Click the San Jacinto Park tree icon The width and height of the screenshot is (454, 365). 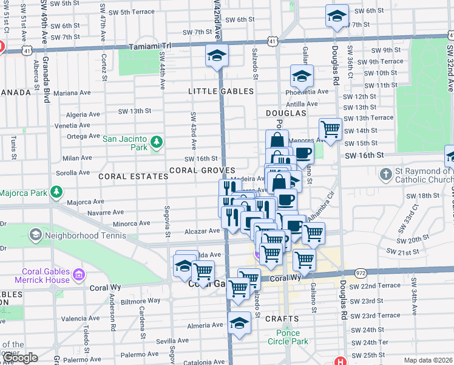[157, 142]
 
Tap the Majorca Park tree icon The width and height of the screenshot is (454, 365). [56, 193]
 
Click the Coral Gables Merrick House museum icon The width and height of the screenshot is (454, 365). [78, 276]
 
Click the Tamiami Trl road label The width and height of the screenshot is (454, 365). [150, 46]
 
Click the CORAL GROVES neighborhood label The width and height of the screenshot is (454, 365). [202, 170]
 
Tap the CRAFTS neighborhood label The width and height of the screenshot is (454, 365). [282, 319]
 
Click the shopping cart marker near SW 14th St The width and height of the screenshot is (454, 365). [330, 129]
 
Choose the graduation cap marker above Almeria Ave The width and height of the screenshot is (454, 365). [239, 324]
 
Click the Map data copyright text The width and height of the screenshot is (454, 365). [428, 360]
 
